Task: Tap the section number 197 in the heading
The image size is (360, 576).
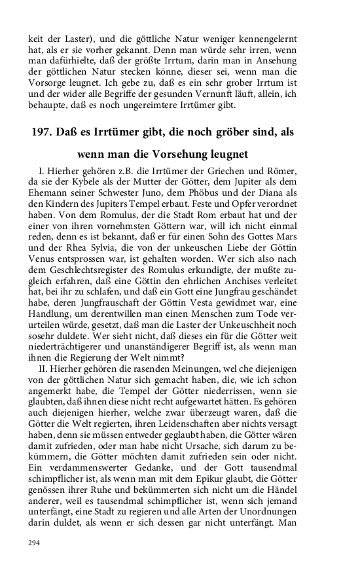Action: click(x=43, y=132)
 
